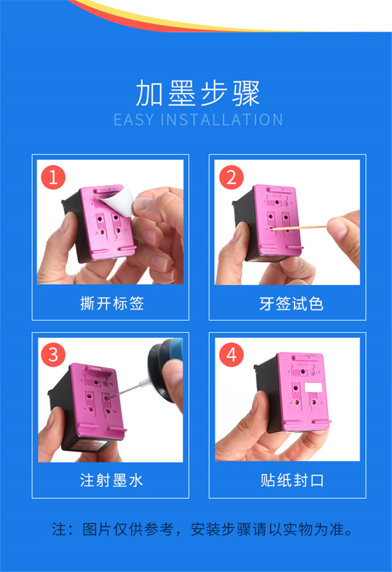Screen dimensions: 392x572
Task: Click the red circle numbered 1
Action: (x=53, y=177)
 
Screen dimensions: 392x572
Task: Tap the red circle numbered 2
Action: (x=232, y=177)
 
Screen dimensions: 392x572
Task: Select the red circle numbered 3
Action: (x=53, y=355)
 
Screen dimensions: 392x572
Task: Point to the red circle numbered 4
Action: (x=232, y=355)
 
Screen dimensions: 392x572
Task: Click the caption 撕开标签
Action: (x=112, y=303)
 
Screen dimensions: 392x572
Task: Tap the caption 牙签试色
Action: (x=291, y=303)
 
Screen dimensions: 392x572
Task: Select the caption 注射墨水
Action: (x=111, y=480)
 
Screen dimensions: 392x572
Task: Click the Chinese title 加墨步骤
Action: (x=198, y=93)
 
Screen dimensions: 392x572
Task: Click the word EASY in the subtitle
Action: (x=134, y=120)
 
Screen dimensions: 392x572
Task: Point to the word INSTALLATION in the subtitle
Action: (x=222, y=120)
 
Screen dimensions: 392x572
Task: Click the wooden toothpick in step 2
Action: (x=299, y=228)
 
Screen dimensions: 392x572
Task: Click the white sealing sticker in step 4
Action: (x=313, y=387)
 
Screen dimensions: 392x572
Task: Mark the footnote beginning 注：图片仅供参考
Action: (x=202, y=529)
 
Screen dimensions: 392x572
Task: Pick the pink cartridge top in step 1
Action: (x=107, y=223)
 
